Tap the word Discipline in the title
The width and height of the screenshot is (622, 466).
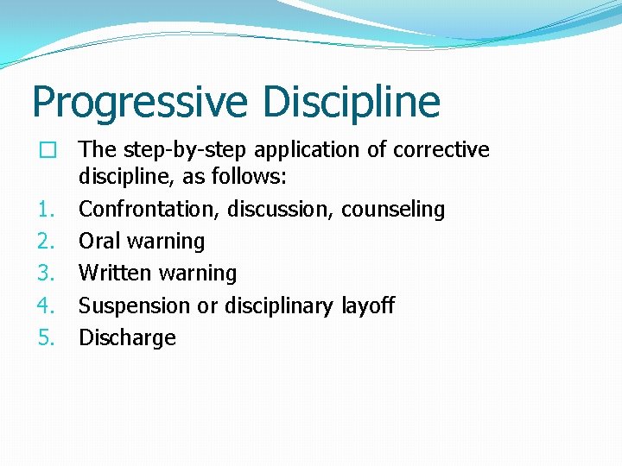[351, 103]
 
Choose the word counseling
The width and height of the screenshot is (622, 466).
[393, 210]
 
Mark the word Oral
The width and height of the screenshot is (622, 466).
[98, 241]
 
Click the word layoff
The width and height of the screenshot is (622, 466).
[367, 305]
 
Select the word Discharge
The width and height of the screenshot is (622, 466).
[127, 337]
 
